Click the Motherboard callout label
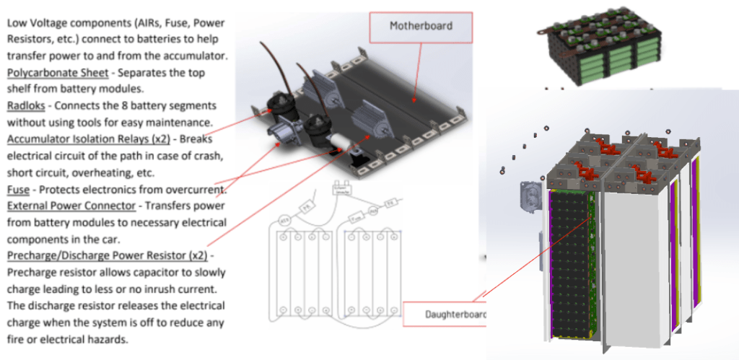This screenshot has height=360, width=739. pos(421,26)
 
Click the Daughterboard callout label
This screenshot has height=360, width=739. pos(445,315)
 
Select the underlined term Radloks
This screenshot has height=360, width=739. pos(26,105)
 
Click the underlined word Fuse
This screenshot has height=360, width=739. pos(18,190)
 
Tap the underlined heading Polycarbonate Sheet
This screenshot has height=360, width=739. pos(58,73)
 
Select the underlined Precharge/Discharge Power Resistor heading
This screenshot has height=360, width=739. pos(106,255)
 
